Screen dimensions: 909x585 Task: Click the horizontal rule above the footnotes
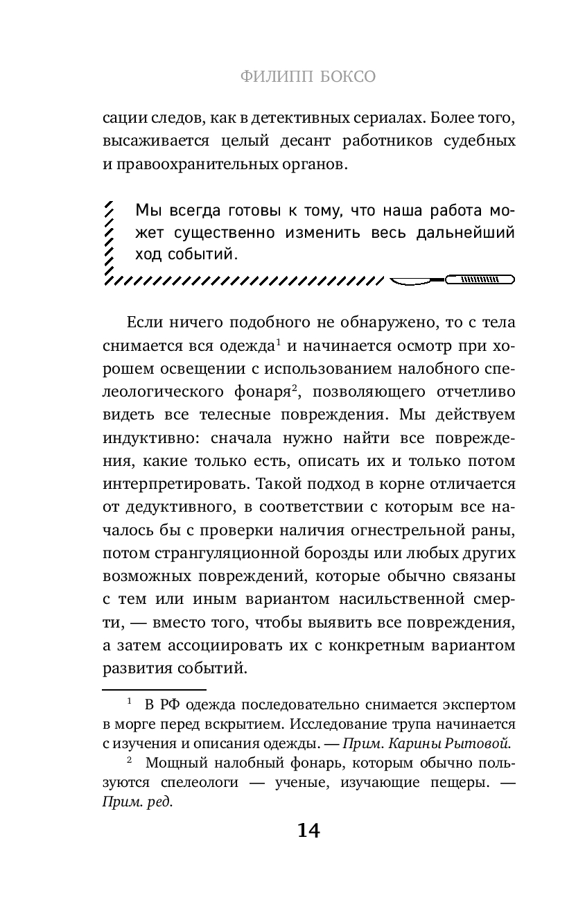(x=154, y=690)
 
